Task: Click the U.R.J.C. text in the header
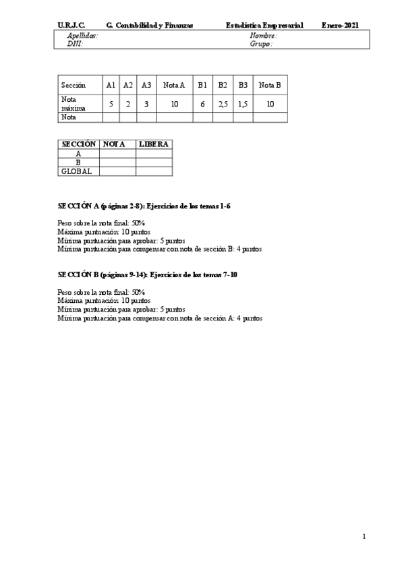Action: [x=71, y=25]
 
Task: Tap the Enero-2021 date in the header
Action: [x=340, y=25]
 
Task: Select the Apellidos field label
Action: [x=82, y=35]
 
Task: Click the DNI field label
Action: [x=75, y=43]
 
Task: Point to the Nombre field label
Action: [x=263, y=35]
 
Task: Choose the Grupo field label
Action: [x=261, y=43]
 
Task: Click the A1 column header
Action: [x=111, y=85]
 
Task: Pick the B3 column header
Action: [x=243, y=85]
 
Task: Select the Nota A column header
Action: [x=174, y=85]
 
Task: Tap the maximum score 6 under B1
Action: [x=202, y=104]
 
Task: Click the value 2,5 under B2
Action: [x=223, y=104]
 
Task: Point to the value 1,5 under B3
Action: [x=243, y=104]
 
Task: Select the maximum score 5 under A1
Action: [x=111, y=104]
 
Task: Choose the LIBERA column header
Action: [x=153, y=144]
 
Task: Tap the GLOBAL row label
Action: [x=76, y=171]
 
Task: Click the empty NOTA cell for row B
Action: [x=117, y=163]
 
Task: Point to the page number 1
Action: [x=364, y=537]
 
